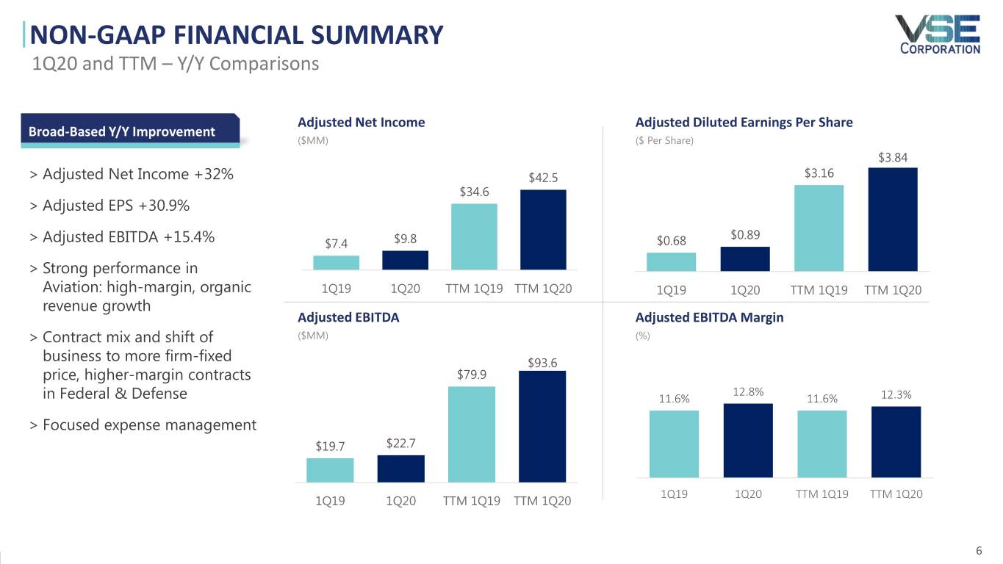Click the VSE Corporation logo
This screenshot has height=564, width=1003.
coord(938,35)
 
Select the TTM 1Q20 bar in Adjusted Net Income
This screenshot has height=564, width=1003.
coord(543,230)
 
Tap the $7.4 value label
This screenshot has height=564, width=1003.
coord(336,244)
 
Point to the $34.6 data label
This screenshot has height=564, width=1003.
coord(474,192)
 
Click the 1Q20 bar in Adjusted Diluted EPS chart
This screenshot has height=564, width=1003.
coord(745,258)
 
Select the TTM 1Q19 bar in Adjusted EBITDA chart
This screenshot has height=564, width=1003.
coord(471,434)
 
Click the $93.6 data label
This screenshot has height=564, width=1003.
coord(542,363)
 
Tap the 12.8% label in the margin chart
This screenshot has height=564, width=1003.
coord(748,393)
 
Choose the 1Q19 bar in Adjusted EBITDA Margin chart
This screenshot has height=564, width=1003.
coord(674,443)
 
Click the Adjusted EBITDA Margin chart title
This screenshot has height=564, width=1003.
coord(709,318)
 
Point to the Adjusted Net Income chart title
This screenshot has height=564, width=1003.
coord(361,123)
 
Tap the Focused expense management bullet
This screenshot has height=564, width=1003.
coord(149,424)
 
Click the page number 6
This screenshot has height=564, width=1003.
coord(978,551)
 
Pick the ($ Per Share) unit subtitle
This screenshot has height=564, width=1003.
coord(664,140)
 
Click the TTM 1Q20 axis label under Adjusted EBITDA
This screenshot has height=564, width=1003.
coord(542,501)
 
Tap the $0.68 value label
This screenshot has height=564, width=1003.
coord(671,241)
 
